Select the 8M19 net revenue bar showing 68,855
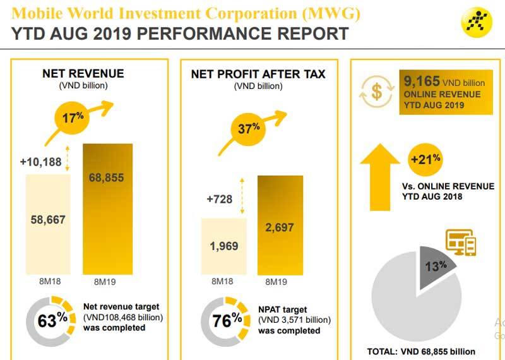pyautogui.click(x=108, y=208)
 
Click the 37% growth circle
pyautogui.click(x=249, y=129)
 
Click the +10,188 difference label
pyautogui.click(x=40, y=162)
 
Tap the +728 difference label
pyautogui.click(x=219, y=200)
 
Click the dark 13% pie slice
pyautogui.click(x=436, y=269)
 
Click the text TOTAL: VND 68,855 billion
pyautogui.click(x=420, y=352)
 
